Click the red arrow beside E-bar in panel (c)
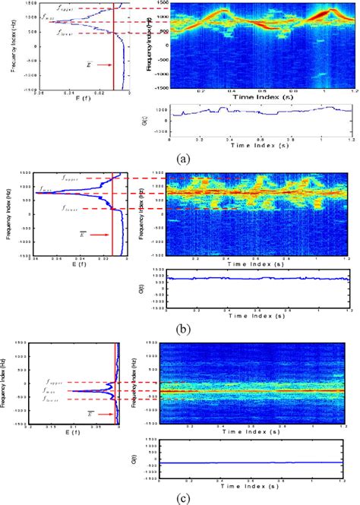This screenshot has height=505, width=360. tap(99, 415)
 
